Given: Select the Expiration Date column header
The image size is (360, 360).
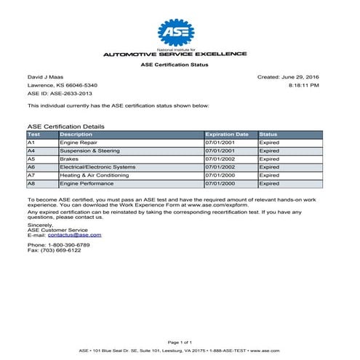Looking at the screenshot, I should click(227, 135).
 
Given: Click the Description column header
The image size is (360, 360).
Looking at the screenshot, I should click(76, 135).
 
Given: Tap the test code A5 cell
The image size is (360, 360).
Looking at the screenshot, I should click(31, 159).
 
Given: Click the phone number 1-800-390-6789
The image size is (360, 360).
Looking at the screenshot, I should click(68, 245).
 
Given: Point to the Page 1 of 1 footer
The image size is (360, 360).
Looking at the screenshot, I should click(180, 342).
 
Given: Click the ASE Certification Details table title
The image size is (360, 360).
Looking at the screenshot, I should click(65, 127).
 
